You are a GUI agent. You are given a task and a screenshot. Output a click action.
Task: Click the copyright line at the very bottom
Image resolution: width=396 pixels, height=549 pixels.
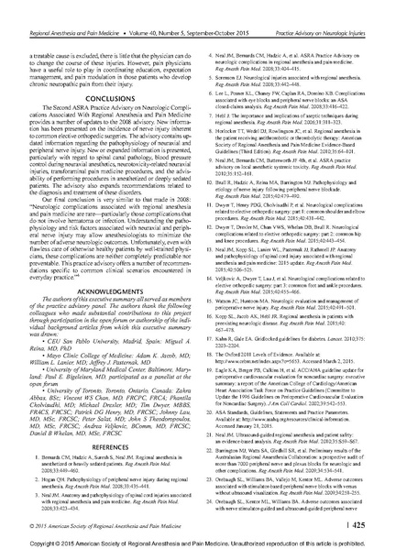coord(198,541)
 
